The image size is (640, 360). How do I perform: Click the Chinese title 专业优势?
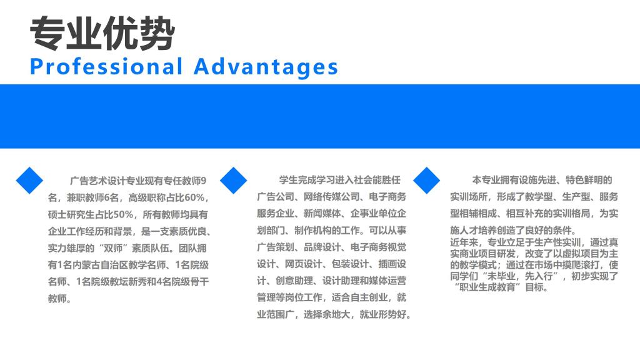102,34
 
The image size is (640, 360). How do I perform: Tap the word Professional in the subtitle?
106,67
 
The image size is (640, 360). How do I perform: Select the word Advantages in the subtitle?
266,67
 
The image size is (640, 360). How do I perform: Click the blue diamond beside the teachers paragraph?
29,180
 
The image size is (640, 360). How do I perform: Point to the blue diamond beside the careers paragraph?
234,180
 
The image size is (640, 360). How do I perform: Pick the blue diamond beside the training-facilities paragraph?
426,180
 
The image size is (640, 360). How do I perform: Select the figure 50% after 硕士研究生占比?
122,215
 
